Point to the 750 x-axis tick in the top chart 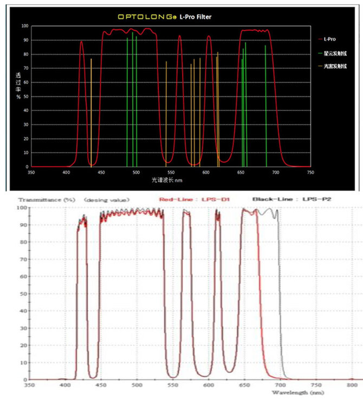pyautogui.click(x=310, y=172)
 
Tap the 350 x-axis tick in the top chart pyautogui.click(x=31, y=172)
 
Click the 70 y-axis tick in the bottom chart pyautogui.click(x=23, y=259)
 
